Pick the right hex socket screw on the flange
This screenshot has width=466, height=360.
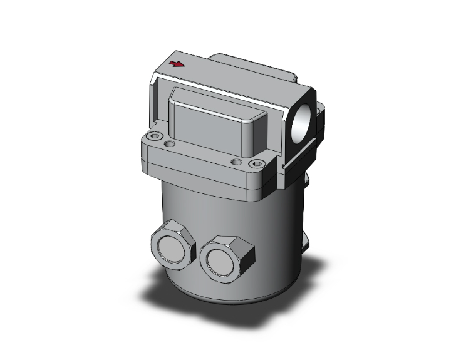click(254, 164)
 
